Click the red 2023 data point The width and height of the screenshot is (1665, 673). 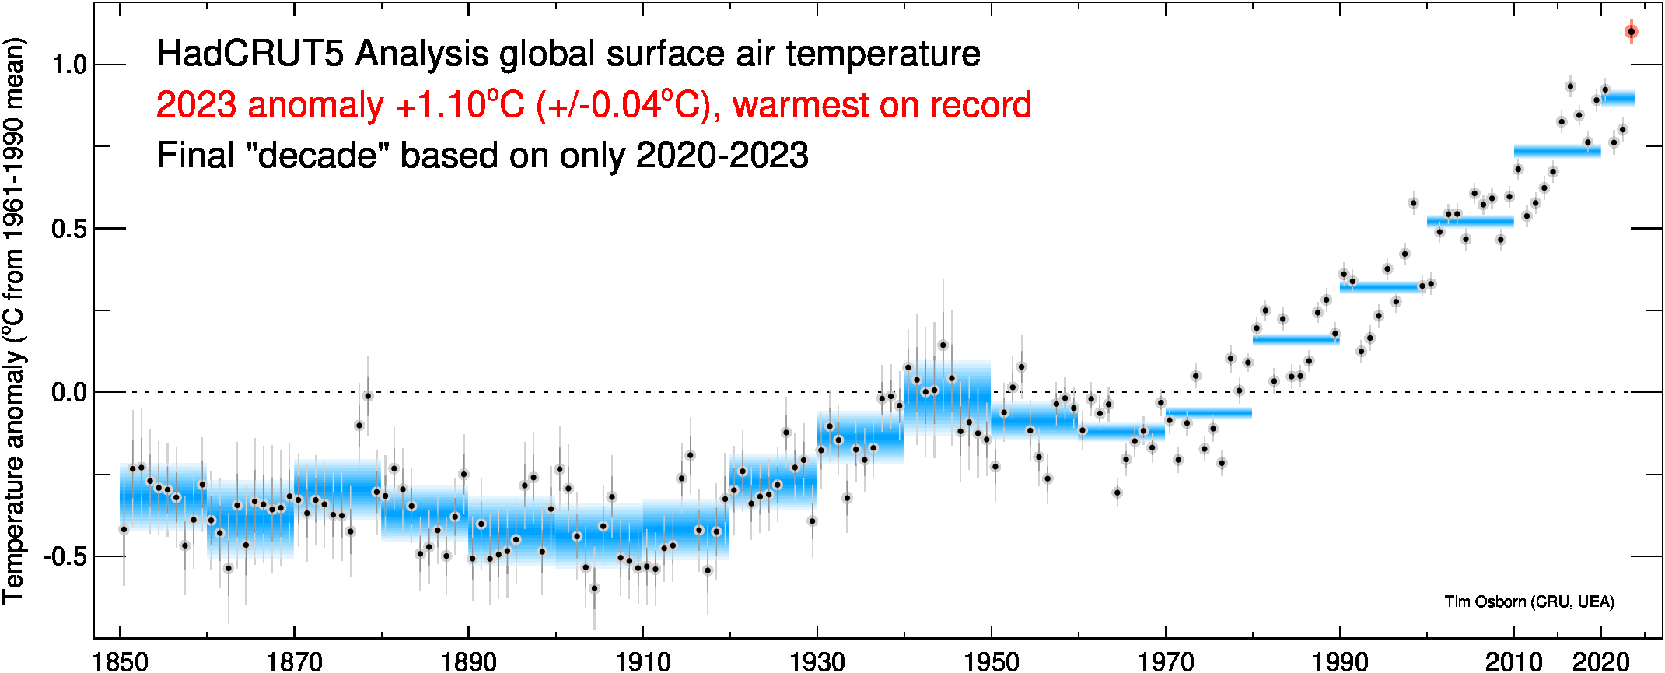click(x=1631, y=32)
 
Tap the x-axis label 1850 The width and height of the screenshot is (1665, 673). click(x=121, y=661)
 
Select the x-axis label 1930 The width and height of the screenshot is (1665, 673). click(x=817, y=661)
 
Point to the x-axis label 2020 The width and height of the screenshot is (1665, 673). click(x=1600, y=661)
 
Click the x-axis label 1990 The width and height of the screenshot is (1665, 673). click(x=1339, y=661)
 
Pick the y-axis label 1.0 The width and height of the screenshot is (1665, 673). click(x=69, y=65)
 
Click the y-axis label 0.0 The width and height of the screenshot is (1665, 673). click(x=69, y=392)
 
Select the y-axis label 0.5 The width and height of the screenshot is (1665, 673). click(x=69, y=229)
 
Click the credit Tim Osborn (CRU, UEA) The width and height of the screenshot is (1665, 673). click(x=1529, y=601)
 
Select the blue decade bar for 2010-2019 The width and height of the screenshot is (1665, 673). click(x=1557, y=151)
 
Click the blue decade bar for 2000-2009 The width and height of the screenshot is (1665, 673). click(x=1470, y=222)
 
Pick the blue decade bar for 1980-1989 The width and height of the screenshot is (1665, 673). click(x=1296, y=339)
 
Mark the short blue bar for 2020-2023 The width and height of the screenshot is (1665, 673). click(x=1618, y=98)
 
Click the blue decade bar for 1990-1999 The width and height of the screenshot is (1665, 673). click(x=1383, y=287)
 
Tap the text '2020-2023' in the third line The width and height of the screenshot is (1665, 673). click(x=722, y=156)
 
